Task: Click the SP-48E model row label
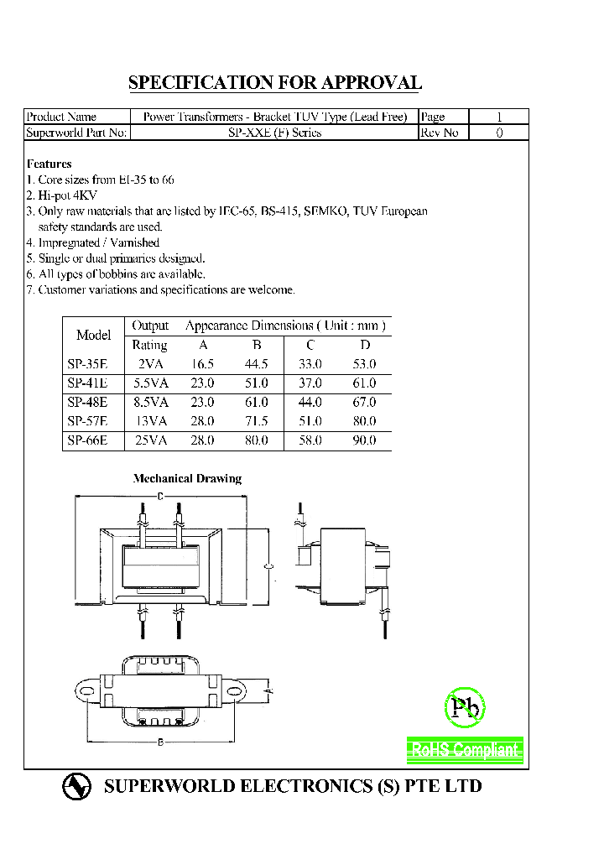pyautogui.click(x=87, y=402)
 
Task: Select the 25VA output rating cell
pyautogui.click(x=151, y=440)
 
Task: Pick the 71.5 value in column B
pyautogui.click(x=257, y=421)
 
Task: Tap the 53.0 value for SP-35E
pyautogui.click(x=365, y=364)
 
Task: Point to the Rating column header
pyautogui.click(x=150, y=345)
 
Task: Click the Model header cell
pyautogui.click(x=93, y=335)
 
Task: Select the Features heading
pyautogui.click(x=49, y=164)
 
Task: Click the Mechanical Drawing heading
pyautogui.click(x=187, y=479)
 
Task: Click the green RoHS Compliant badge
pyautogui.click(x=465, y=750)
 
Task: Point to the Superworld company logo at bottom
pyautogui.click(x=76, y=787)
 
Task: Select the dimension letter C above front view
pyautogui.click(x=160, y=497)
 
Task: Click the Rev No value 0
pyautogui.click(x=499, y=133)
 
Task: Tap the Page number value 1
pyautogui.click(x=499, y=117)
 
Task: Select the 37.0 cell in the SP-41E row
pyautogui.click(x=310, y=383)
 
